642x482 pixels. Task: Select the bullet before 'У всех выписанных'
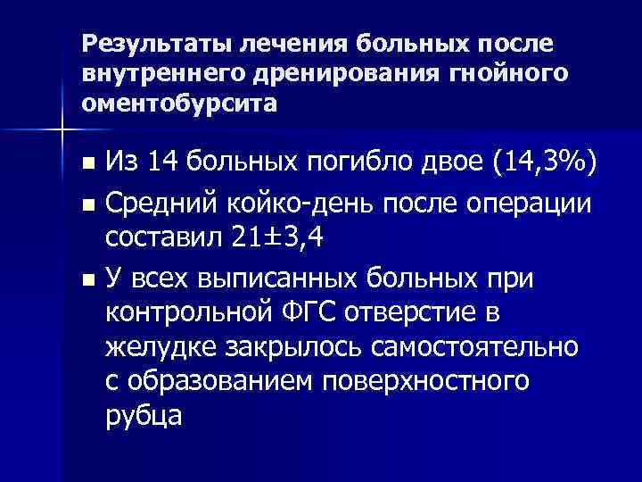click(86, 279)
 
